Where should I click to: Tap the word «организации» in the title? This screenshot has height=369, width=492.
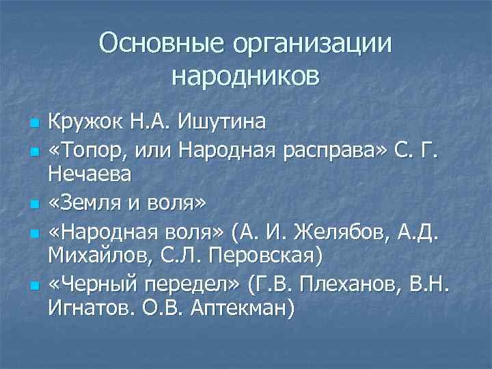point(313,45)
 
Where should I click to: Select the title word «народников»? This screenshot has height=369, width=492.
point(245,76)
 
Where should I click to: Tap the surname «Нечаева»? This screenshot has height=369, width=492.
point(90,175)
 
